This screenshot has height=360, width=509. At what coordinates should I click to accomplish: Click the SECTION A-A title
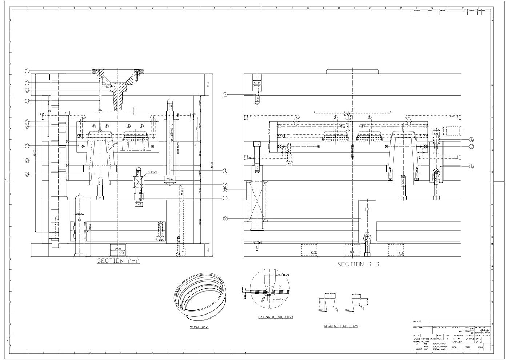[x=118, y=261]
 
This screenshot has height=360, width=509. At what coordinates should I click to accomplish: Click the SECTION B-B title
[x=358, y=264]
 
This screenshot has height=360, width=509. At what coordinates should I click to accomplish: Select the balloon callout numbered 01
[x=27, y=71]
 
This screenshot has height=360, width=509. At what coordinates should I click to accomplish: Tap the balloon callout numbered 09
[x=27, y=174]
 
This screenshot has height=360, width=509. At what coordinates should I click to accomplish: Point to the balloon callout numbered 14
[x=225, y=171]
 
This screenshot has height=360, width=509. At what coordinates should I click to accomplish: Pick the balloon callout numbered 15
[x=225, y=95]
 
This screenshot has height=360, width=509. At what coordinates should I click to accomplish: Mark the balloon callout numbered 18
[x=471, y=140]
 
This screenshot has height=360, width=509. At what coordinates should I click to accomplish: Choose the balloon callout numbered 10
[x=225, y=219]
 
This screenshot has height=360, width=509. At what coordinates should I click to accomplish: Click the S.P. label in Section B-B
[x=367, y=210]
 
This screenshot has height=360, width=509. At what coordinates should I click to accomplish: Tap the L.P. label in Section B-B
[x=436, y=153]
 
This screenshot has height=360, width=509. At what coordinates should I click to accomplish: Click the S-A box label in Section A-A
[x=170, y=180]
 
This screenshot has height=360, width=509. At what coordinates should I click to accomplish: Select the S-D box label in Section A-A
[x=139, y=205]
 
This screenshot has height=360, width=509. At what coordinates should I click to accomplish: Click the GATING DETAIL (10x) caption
[x=275, y=317]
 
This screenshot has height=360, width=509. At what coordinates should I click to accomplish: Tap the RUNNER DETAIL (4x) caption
[x=341, y=326]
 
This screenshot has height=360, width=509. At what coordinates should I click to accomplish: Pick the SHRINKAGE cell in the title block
[x=458, y=336]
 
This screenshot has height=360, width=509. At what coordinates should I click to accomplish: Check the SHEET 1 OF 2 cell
[x=483, y=336]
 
